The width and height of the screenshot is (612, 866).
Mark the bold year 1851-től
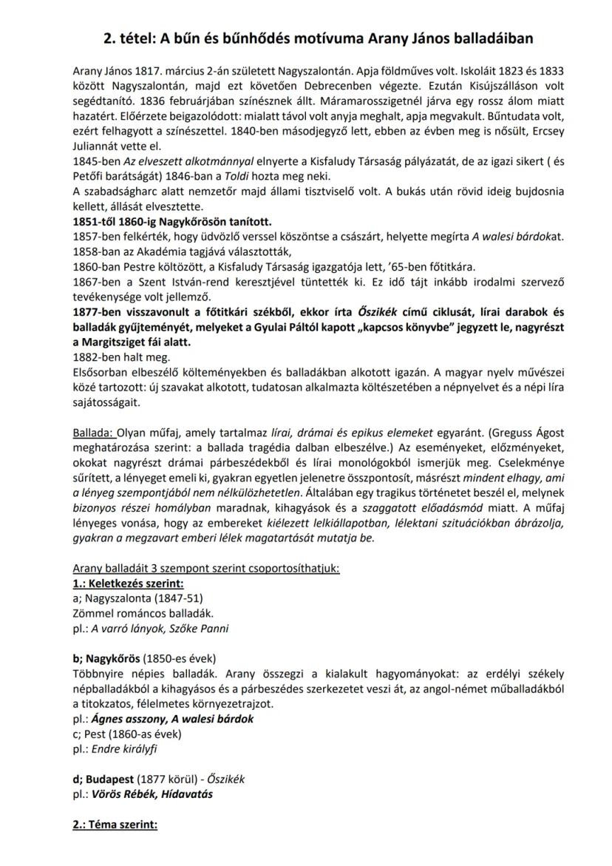(96, 221)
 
